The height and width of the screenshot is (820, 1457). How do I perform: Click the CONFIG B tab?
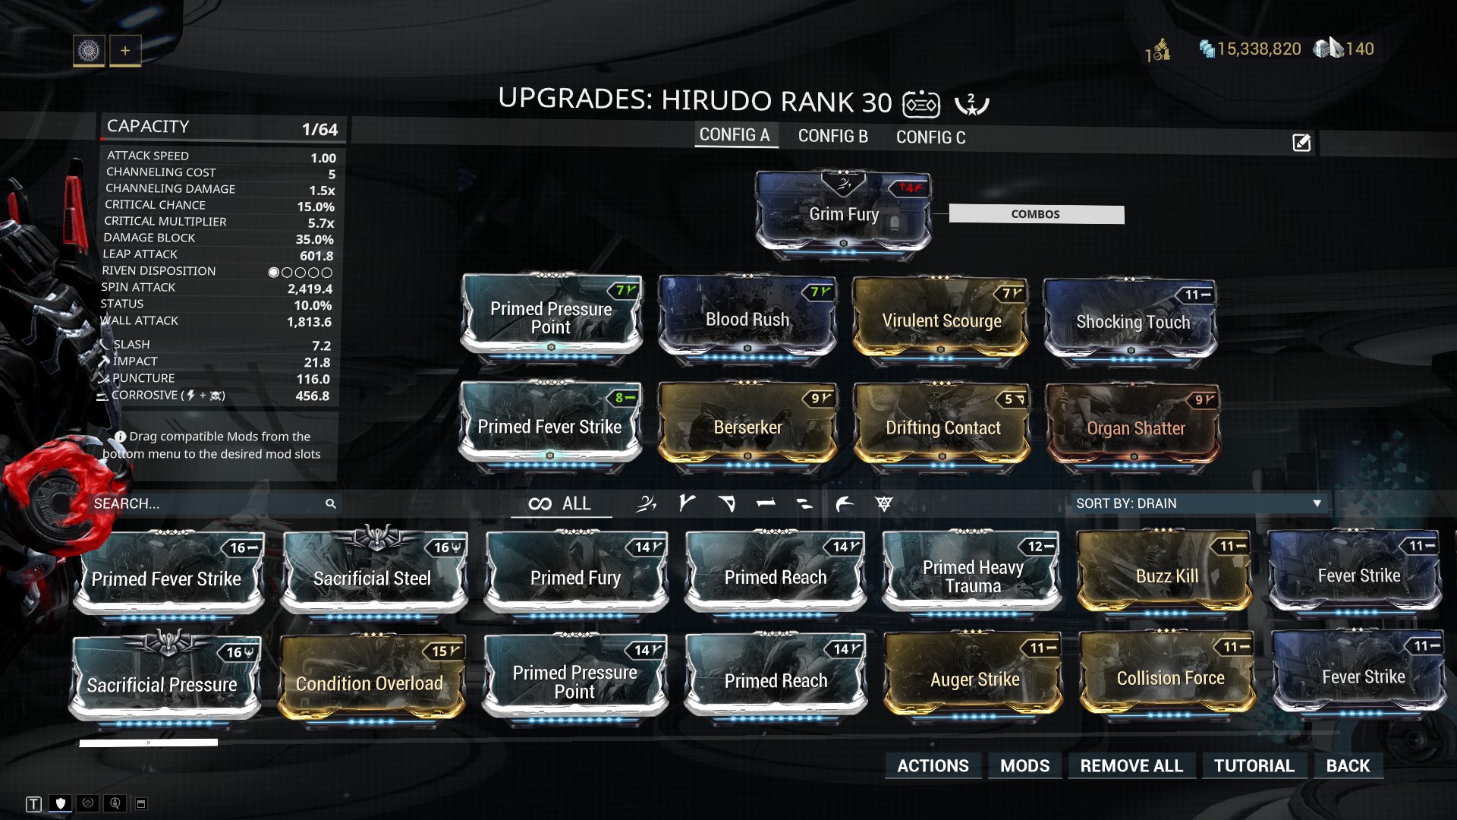832,136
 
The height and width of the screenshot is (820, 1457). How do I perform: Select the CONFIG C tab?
930,137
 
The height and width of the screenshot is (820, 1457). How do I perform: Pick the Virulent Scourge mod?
941,319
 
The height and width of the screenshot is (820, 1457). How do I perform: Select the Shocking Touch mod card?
1131,320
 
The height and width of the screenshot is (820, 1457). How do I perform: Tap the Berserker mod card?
747,425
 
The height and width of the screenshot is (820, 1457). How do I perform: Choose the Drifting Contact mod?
942,426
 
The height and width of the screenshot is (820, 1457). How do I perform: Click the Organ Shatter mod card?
1134,427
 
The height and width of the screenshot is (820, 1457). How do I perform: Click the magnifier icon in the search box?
331,503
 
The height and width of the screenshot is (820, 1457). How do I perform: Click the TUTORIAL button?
1254,765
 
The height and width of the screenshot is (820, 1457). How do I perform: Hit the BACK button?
1348,765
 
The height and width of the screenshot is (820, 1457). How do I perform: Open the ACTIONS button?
933,765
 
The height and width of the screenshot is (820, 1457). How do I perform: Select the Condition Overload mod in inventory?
370,679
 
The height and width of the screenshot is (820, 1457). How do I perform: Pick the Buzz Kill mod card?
1166,573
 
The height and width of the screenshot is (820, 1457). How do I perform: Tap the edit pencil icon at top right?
1301,143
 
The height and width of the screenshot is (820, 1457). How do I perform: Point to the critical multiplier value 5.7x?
321,223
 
